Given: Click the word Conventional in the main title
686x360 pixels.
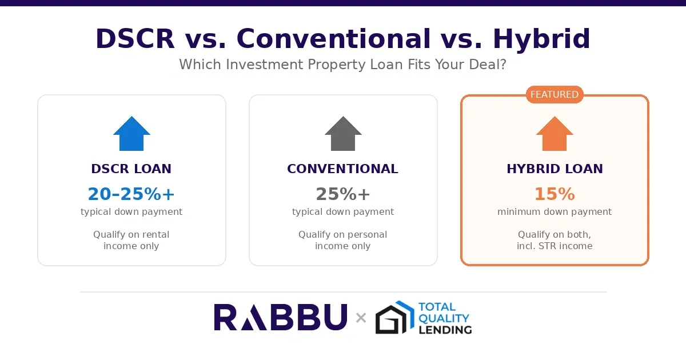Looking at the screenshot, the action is tap(333, 39).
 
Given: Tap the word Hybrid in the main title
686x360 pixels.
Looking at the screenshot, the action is tap(541, 39).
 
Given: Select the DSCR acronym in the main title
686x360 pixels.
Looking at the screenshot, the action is tap(135, 39).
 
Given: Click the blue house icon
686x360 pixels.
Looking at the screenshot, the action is tap(131, 134).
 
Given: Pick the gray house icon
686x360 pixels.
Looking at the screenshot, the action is tap(343, 134).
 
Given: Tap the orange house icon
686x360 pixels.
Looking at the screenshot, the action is tap(555, 134).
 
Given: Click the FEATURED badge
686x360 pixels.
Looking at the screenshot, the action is tap(555, 95).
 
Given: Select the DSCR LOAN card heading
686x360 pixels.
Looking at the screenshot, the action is tap(131, 169).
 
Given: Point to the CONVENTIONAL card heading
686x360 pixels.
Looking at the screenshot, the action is tap(342, 169).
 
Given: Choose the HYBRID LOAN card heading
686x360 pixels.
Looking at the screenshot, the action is tap(555, 169).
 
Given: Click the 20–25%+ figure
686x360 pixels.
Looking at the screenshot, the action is tap(131, 194).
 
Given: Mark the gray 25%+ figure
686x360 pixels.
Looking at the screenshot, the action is tap(343, 194).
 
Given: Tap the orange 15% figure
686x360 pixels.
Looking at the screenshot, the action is tap(555, 194).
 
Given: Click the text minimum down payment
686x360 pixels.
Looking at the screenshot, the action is tap(555, 212).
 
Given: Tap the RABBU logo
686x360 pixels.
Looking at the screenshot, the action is tap(281, 318).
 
